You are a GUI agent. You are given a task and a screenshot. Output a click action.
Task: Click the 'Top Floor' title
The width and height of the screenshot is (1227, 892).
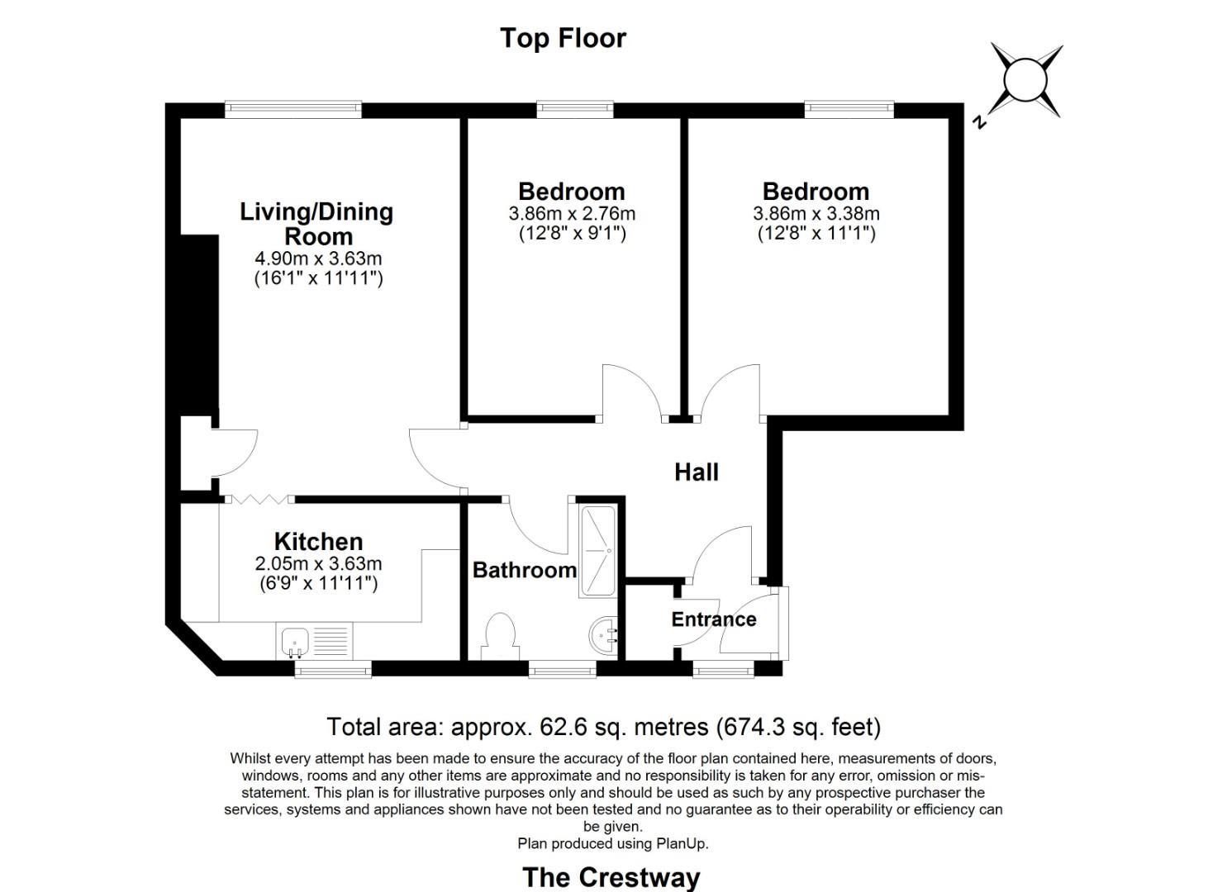[x=563, y=38]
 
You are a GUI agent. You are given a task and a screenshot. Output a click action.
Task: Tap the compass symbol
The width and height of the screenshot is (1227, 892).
[x=1025, y=81]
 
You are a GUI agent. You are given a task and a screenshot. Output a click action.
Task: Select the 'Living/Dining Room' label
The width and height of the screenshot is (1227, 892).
[x=316, y=223]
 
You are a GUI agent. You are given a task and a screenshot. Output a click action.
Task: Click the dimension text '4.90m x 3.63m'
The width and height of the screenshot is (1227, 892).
[x=318, y=259]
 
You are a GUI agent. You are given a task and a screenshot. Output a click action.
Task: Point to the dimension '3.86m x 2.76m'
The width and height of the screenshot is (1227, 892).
[x=572, y=214]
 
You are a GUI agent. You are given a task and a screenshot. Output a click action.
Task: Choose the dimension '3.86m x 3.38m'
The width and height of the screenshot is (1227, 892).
[x=816, y=214]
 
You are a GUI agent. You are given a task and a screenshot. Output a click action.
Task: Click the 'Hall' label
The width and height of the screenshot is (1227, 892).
[x=697, y=472]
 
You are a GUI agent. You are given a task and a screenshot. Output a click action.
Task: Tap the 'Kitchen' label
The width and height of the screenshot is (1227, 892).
[x=318, y=542]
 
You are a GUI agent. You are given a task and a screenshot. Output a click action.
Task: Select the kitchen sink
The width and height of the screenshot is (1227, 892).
[x=295, y=641]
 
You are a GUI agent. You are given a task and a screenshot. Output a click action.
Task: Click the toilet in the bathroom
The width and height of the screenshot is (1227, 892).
[x=499, y=636]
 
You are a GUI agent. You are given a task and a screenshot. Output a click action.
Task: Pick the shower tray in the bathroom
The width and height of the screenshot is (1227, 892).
[x=597, y=550]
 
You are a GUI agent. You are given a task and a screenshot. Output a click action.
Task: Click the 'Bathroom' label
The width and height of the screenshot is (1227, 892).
[x=524, y=570]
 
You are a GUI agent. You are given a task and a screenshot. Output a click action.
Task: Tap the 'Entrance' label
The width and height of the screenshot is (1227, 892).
[x=713, y=619]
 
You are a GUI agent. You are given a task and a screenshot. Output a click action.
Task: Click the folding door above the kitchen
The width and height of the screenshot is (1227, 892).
[x=259, y=499]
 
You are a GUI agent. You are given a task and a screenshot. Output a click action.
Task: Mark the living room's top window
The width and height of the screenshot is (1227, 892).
[x=293, y=108]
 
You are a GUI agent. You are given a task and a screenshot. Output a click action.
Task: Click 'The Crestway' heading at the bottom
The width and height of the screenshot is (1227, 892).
[x=611, y=876]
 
